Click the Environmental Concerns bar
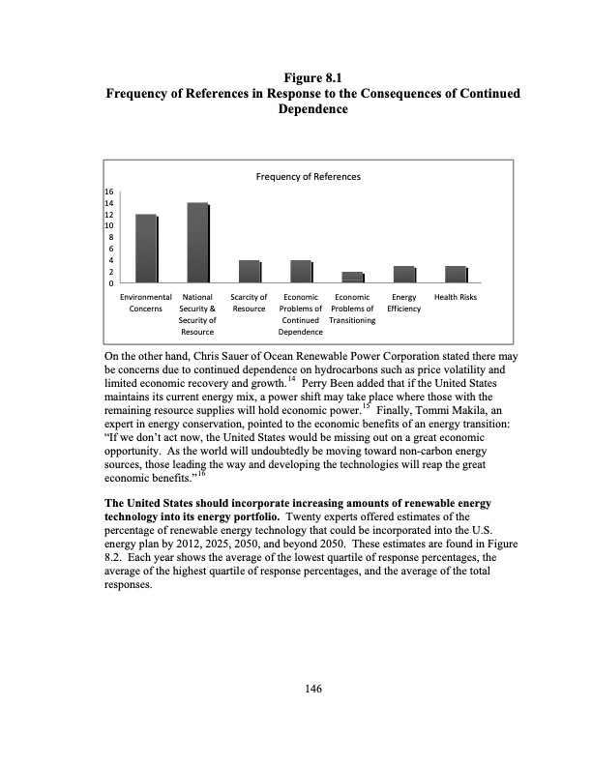146,249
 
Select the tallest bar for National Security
198,243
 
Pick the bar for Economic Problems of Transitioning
353,278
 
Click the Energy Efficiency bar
404,275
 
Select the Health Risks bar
456,275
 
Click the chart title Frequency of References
308,177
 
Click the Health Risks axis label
456,296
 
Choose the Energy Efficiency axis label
404,302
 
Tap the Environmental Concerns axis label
146,302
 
